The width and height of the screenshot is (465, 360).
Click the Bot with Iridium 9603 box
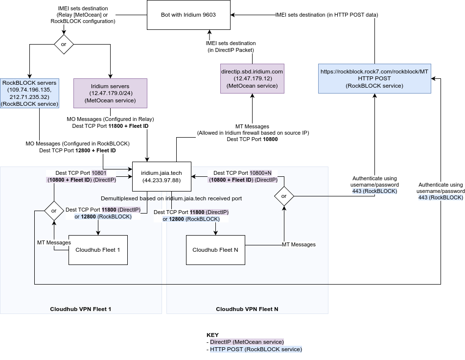[x=188, y=15]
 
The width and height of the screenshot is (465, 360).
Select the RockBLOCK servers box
[x=29, y=93]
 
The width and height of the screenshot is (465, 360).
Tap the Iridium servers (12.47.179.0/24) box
[x=110, y=93]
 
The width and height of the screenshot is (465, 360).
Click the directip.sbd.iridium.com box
[x=252, y=78]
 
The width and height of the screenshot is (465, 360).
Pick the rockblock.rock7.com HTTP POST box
[x=374, y=78]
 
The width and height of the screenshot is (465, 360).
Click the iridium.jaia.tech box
[x=162, y=176]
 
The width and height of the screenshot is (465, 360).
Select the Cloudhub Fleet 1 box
[x=98, y=249]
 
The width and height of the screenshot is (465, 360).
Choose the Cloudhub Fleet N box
[x=215, y=250]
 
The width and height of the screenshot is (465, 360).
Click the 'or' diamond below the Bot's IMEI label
[x=63, y=44]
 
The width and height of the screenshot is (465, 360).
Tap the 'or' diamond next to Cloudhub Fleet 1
[x=54, y=211]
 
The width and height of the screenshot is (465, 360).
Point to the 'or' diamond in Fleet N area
[x=284, y=196]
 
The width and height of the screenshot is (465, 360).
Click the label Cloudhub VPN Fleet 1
[x=81, y=309]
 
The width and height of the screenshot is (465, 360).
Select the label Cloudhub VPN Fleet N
[x=247, y=309]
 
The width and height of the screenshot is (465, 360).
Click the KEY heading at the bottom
[x=212, y=335]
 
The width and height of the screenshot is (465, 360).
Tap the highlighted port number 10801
[x=99, y=173]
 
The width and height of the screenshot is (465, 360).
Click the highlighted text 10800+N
[x=260, y=173]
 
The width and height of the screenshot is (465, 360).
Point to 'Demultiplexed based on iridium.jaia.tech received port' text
[x=171, y=198]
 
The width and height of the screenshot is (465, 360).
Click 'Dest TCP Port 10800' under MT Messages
[x=253, y=140]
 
